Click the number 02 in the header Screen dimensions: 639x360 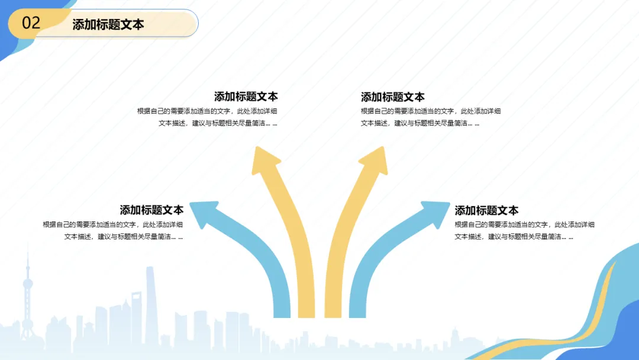[x=31, y=23]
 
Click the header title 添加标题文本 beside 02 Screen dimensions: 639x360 [x=108, y=24]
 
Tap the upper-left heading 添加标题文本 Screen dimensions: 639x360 [x=246, y=97]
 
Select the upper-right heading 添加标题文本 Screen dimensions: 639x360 [x=393, y=97]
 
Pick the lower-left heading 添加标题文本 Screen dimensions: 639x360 [x=151, y=210]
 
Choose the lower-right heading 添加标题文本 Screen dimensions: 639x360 [x=486, y=210]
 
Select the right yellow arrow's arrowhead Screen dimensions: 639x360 [x=375, y=160]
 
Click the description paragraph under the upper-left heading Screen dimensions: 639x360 [x=207, y=117]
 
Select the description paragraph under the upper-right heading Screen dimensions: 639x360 [x=431, y=117]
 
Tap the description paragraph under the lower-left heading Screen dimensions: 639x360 [x=112, y=230]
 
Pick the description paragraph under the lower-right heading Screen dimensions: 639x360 [x=524, y=230]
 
